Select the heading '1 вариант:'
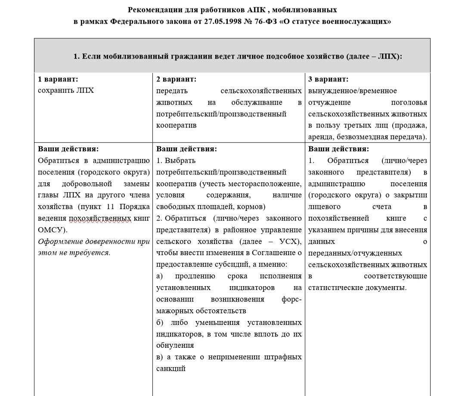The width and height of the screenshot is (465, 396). click(x=58, y=79)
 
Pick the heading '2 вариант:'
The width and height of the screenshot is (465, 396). click(x=176, y=79)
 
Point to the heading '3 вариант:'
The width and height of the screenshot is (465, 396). click(x=329, y=79)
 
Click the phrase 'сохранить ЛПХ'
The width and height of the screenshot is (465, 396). click(x=66, y=90)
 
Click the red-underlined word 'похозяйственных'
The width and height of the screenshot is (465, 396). click(x=100, y=218)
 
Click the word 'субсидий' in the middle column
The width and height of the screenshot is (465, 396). click(x=243, y=265)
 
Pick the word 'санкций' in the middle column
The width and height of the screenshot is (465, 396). click(x=170, y=368)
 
